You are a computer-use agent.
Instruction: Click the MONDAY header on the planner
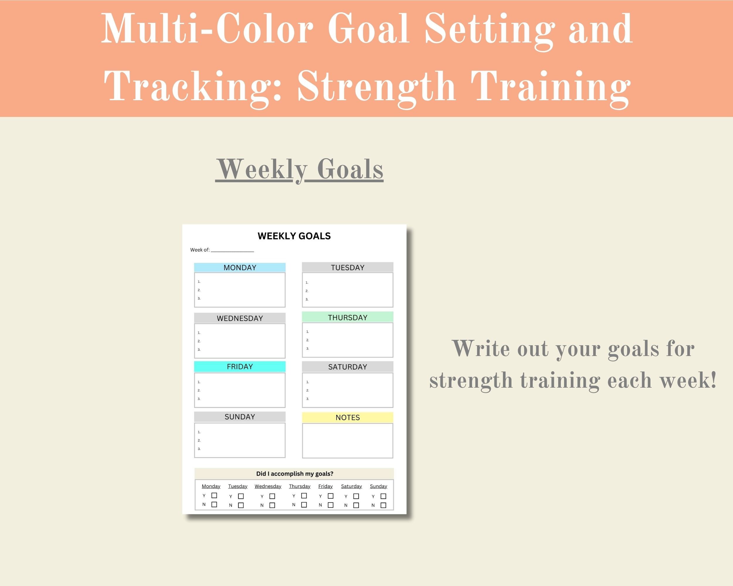coord(240,267)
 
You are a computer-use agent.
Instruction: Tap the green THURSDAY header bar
coord(347,317)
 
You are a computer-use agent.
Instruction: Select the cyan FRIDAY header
coord(240,367)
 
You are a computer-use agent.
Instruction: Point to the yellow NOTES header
coord(347,418)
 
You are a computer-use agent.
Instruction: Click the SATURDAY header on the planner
coord(347,367)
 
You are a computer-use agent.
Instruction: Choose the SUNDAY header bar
coord(240,417)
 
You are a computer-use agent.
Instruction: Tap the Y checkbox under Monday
coord(214,496)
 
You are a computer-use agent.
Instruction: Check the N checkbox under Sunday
coord(383,505)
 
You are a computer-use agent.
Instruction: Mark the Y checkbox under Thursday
coord(304,496)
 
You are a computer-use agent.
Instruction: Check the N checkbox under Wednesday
coord(272,505)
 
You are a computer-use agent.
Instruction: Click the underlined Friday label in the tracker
coord(325,486)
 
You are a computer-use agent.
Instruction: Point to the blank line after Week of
coord(232,250)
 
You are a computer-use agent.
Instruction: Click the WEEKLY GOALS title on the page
coord(294,236)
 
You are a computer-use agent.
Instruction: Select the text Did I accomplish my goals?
coord(295,473)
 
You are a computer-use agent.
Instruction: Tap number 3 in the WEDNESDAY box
coord(199,350)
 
